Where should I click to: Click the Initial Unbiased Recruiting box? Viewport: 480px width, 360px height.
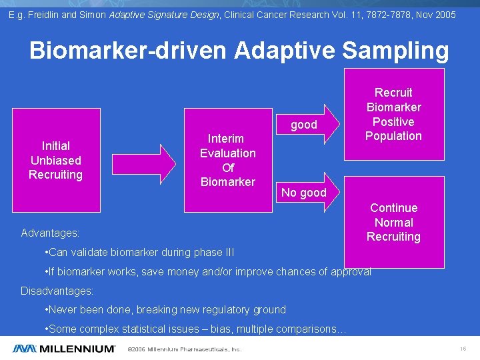point(56,160)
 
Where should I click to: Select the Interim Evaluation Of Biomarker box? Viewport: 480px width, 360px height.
point(227,160)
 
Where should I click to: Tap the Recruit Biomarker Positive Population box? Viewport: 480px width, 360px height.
point(393,114)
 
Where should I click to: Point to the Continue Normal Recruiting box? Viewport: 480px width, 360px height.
point(393,223)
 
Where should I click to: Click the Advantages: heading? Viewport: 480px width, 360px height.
point(50,233)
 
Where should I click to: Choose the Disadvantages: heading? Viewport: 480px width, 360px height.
point(57,291)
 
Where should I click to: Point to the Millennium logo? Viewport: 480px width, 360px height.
point(63,348)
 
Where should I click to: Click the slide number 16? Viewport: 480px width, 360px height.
point(463,349)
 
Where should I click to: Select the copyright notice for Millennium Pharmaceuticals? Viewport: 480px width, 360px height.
point(184,349)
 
